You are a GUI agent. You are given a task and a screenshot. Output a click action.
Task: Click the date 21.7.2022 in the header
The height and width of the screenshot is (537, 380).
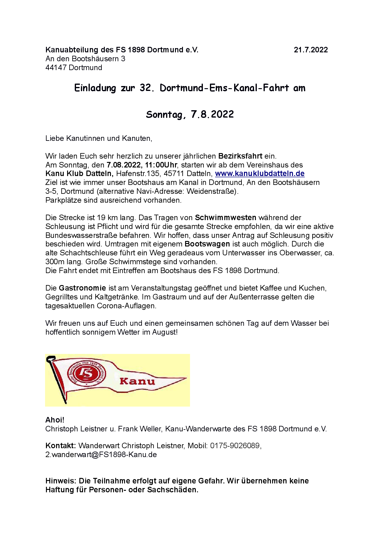(310, 50)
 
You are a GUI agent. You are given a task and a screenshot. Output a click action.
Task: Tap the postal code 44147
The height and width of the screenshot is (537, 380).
(56, 68)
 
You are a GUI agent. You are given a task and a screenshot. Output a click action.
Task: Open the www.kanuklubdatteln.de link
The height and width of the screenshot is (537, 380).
(260, 174)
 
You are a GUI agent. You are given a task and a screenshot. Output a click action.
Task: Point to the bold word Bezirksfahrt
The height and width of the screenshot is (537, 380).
(240, 156)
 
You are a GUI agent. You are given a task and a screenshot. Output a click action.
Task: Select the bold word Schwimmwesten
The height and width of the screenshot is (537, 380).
(226, 218)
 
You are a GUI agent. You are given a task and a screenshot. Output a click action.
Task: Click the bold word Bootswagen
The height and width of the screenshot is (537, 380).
(207, 244)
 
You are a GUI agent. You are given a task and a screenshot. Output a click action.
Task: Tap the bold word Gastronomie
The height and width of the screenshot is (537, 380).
(82, 288)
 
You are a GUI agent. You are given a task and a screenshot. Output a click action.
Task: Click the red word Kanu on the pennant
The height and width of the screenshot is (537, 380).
(137, 381)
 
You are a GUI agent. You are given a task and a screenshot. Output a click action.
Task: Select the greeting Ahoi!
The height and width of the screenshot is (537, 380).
(55, 420)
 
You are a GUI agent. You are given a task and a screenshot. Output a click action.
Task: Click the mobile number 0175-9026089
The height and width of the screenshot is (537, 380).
(235, 446)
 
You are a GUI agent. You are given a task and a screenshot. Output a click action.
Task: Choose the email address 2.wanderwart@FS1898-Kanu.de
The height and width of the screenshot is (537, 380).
(101, 455)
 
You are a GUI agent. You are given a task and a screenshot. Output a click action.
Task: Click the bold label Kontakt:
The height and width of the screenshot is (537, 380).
(60, 446)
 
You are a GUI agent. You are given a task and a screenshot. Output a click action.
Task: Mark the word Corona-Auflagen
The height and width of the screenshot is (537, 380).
(126, 306)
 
